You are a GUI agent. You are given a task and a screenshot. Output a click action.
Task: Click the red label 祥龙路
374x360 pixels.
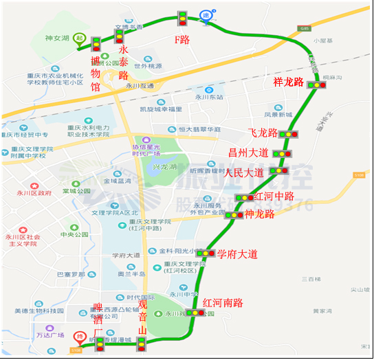click(289, 82)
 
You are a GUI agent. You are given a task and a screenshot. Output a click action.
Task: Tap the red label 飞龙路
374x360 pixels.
click(263, 133)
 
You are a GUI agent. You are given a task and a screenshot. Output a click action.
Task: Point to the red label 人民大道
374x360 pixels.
click(244, 172)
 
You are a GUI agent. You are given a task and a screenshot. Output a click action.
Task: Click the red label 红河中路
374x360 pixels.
click(274, 196)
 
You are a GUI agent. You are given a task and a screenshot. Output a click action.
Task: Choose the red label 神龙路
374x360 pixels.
click(260, 214)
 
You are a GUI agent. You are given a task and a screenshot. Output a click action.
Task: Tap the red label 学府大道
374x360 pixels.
click(237, 254)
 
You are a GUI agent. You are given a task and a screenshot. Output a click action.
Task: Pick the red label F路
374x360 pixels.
click(181, 40)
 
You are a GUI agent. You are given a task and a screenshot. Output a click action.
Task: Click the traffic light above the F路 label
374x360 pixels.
click(182, 19)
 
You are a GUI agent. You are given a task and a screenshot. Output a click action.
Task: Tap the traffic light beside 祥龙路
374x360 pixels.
click(317, 85)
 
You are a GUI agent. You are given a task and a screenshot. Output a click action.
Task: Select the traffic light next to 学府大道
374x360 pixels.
click(205, 254)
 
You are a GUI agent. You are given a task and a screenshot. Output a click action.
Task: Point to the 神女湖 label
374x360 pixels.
click(58, 38)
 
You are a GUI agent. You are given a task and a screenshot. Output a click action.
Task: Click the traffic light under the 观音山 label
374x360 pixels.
click(142, 343)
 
